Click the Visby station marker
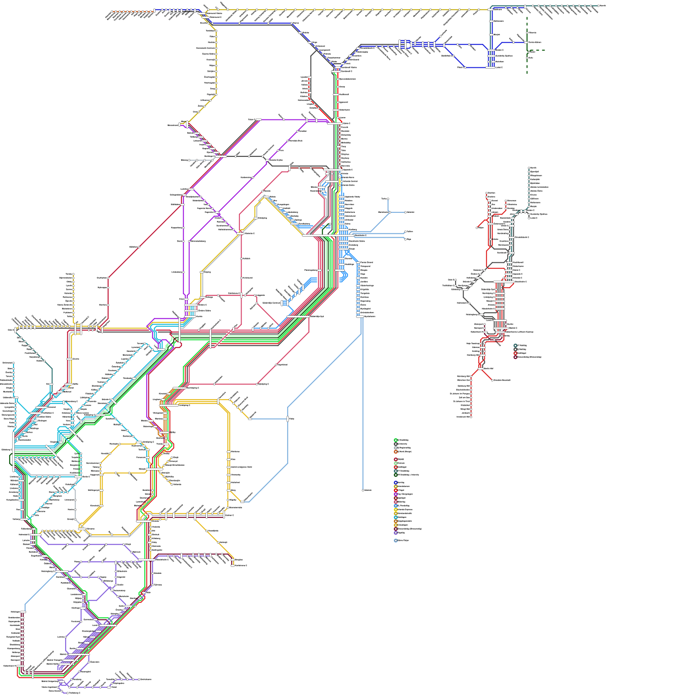(363, 490)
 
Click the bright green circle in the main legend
(396, 440)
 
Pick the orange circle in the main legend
(396, 452)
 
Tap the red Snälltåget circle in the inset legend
(516, 353)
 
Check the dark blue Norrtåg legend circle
(396, 483)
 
